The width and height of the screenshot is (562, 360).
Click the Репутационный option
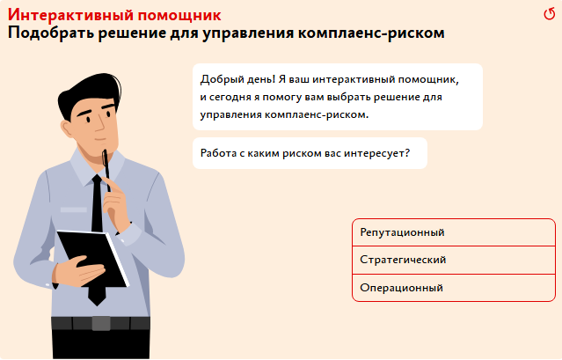click(x=454, y=232)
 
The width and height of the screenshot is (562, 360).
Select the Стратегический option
click(x=454, y=260)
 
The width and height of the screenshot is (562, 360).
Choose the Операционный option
click(x=454, y=288)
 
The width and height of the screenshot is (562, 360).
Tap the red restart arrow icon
click(x=549, y=14)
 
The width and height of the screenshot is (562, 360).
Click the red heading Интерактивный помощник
click(x=114, y=15)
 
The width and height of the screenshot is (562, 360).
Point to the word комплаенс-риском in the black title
click(x=371, y=33)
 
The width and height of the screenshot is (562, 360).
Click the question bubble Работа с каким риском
click(x=310, y=153)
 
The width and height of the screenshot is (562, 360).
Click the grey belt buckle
click(x=101, y=323)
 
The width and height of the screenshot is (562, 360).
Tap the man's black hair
click(x=90, y=92)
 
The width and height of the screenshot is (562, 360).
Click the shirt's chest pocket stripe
click(x=74, y=209)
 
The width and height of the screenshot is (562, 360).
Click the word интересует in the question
click(x=376, y=153)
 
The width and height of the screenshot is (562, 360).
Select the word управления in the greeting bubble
click(x=230, y=115)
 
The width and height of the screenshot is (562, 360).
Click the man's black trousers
click(x=101, y=344)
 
